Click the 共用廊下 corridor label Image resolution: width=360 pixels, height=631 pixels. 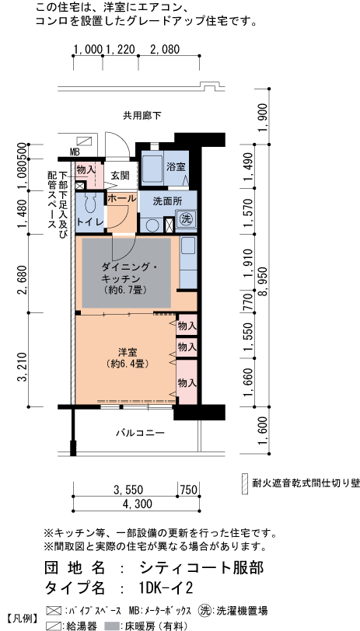coord(142,116)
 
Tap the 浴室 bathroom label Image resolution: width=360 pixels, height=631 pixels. coord(175,167)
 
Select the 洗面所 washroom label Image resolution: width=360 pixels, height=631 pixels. coord(166,200)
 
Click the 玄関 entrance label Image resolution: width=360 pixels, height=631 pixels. coord(120,176)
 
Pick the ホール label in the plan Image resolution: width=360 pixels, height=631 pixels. coord(121,199)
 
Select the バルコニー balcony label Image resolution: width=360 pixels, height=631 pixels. coord(141,432)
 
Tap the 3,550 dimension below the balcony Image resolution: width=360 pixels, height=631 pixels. coord(128,490)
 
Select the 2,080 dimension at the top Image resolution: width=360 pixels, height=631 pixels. coord(164,49)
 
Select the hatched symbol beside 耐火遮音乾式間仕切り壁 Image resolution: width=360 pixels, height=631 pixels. coord(244,481)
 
